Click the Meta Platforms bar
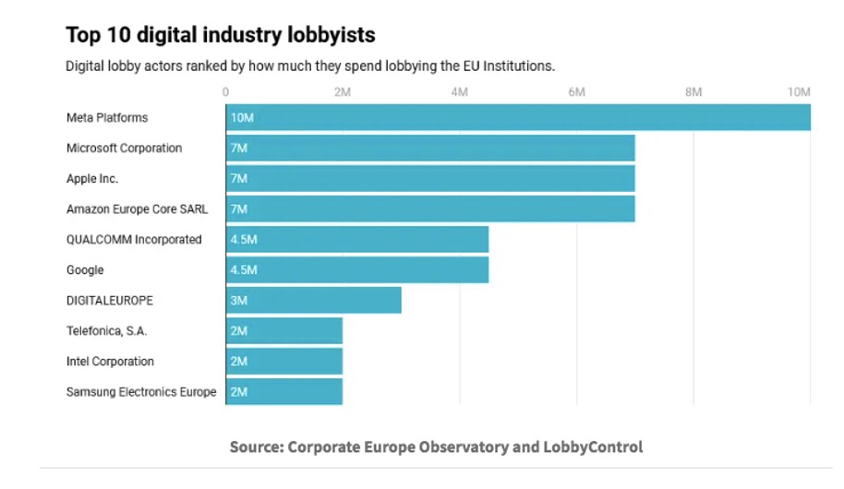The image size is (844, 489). [x=517, y=118]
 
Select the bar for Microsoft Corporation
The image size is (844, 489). [x=430, y=149]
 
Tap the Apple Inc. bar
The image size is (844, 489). [x=430, y=179]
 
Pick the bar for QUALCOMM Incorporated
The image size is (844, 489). [x=357, y=240]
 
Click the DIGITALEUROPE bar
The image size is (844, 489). [x=314, y=301]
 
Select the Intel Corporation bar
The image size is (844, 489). [x=284, y=362]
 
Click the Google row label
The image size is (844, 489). [x=85, y=270]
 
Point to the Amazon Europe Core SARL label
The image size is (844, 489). [x=138, y=209]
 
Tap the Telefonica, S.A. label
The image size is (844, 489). [x=106, y=331]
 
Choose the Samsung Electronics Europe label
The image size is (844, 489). [x=141, y=392]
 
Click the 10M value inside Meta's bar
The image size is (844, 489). [x=243, y=118]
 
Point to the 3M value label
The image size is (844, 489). [x=239, y=301]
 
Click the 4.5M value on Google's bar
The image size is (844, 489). [x=244, y=270]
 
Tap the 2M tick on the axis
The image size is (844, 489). [x=342, y=92]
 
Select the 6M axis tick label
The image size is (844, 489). [x=576, y=92]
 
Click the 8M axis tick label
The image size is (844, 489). [x=693, y=92]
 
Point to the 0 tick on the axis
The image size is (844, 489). [x=226, y=92]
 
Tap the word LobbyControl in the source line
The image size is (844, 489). [x=592, y=447]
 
